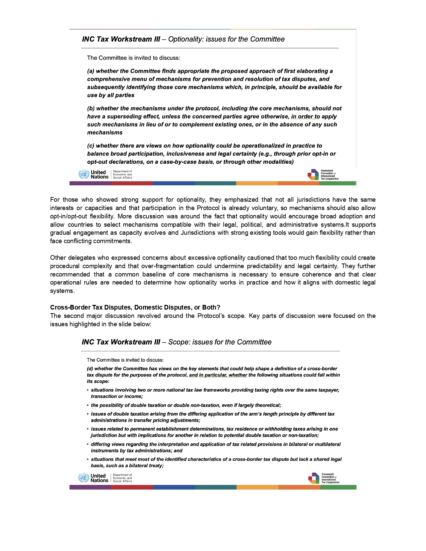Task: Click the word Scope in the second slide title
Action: point(177,342)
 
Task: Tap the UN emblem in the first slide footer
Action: point(84,174)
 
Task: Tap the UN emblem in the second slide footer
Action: point(83,478)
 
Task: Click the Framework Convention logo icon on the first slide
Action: point(313,175)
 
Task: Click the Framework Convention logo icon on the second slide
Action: point(314,478)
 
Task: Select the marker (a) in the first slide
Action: point(91,71)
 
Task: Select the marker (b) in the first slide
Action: point(91,109)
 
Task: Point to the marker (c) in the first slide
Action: point(91,146)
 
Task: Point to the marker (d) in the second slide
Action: point(90,369)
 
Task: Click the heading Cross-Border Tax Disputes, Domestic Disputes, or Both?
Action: point(135,308)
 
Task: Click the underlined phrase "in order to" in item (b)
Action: point(305,117)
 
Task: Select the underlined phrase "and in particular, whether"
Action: point(218,375)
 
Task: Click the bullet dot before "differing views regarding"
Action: point(88,444)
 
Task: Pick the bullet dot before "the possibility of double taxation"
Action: point(88,405)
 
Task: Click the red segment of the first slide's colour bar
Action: point(132,183)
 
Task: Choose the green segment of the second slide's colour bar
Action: point(338,488)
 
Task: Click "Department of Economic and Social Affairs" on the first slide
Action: point(122,175)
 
